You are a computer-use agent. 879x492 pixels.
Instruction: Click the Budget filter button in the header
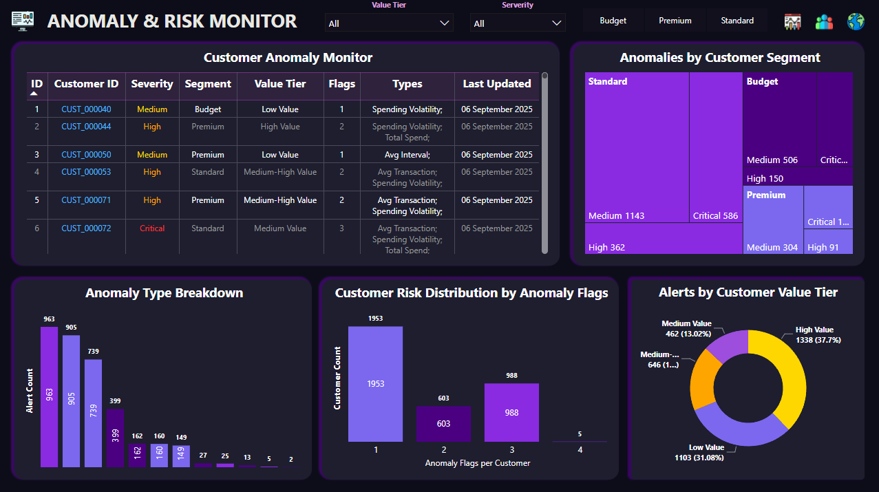613,21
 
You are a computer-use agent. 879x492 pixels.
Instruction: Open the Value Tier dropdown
389,23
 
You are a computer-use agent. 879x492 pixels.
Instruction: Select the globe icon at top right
856,21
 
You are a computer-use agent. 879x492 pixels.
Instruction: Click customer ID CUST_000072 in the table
86,228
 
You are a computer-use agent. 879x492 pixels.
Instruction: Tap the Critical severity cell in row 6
152,228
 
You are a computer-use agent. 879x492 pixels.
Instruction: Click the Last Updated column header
496,84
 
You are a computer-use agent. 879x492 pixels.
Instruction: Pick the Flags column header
341,84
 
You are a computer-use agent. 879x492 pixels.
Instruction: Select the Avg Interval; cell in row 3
407,155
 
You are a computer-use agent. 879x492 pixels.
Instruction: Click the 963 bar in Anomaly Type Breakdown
49,396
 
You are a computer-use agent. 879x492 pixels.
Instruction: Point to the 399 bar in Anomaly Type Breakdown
115,438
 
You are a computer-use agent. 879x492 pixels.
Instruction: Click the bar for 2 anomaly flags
443,423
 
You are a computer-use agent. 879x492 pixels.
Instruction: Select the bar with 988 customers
511,412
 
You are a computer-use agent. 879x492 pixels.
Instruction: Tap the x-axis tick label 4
580,449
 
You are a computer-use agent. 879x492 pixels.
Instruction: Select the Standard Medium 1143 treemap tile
637,147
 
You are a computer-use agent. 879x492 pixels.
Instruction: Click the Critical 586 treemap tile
715,147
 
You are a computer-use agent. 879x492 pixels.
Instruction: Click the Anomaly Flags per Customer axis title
477,463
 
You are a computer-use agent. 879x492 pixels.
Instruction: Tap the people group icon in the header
824,21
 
